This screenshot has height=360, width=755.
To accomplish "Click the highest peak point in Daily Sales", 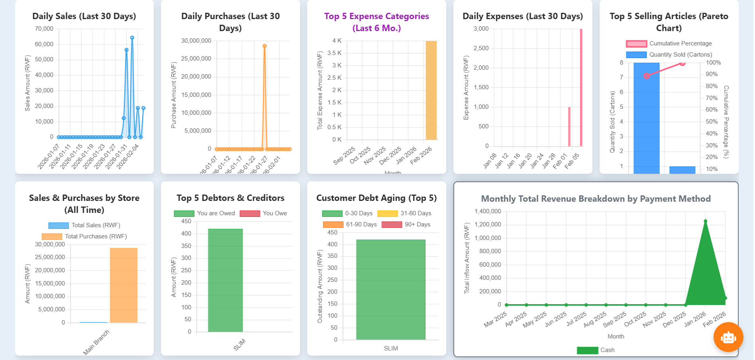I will (132, 38).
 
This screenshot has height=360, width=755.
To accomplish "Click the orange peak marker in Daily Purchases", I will (265, 46).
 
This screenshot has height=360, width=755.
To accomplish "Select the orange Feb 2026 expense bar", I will (431, 90).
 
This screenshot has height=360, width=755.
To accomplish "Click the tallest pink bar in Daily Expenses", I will (581, 88).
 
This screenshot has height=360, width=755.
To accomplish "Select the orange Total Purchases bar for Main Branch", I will (124, 285).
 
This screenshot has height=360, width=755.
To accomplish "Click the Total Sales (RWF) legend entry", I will (84, 225).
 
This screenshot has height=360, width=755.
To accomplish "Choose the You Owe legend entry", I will (263, 213).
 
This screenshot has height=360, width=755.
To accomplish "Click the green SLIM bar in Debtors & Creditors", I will (225, 280).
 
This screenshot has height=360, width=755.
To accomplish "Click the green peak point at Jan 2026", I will (705, 221).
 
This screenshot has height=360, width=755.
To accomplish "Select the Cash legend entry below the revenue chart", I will (596, 350).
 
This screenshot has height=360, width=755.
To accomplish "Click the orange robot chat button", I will (728, 337).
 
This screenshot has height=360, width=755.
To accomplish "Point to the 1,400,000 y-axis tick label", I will (488, 211).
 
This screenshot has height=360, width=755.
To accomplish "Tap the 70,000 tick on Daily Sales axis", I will (44, 29).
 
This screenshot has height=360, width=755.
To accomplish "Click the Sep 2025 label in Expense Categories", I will (344, 156).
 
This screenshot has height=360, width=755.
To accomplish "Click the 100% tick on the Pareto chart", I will (713, 63).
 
